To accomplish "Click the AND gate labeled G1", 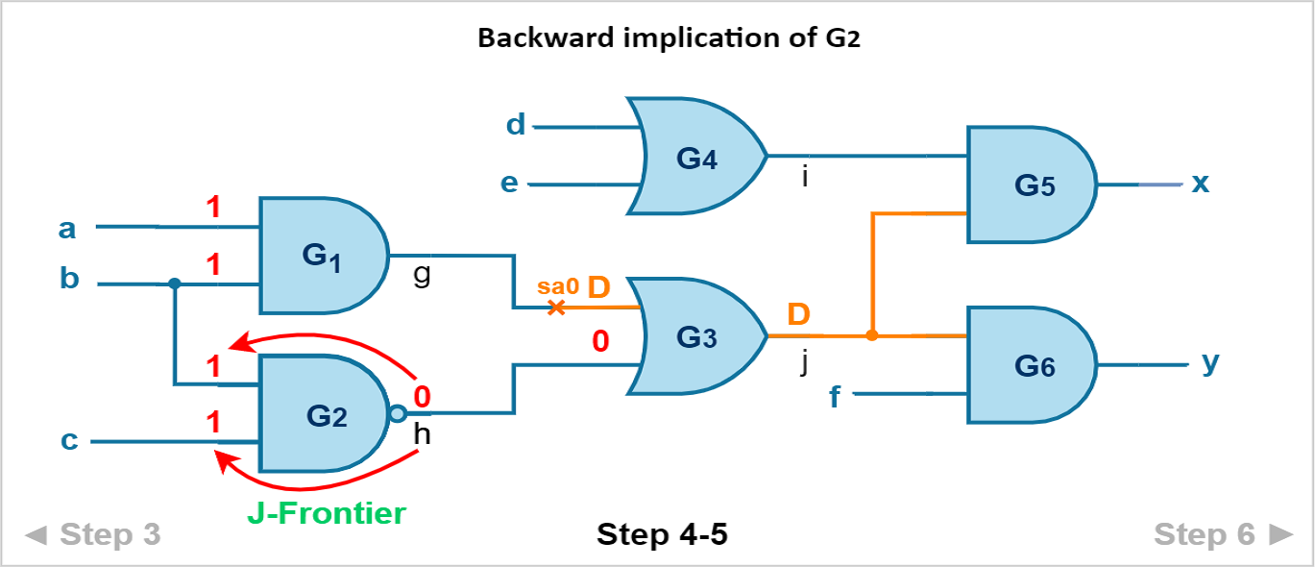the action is tap(324, 256).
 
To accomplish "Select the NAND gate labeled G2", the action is tap(324, 413).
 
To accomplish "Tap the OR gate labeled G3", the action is tap(696, 336).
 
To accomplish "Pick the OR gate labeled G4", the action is tap(696, 157).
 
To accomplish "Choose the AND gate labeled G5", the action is tap(1032, 185).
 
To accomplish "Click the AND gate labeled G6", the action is tap(1032, 365).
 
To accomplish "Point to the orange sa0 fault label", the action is tap(558, 286).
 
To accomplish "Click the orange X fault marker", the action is tap(556, 308).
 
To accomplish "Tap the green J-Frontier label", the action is tap(327, 513).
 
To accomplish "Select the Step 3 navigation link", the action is tap(93, 534).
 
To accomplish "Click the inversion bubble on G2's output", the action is tap(398, 413).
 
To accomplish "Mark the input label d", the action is tap(516, 125).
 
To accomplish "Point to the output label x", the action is tap(1200, 184).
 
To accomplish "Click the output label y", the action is tap(1210, 363).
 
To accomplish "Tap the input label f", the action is tap(834, 397).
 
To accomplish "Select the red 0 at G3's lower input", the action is tap(600, 341).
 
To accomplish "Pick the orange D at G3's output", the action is tap(798, 314).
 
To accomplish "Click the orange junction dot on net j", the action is tap(872, 335).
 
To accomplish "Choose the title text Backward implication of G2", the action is tap(669, 38).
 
